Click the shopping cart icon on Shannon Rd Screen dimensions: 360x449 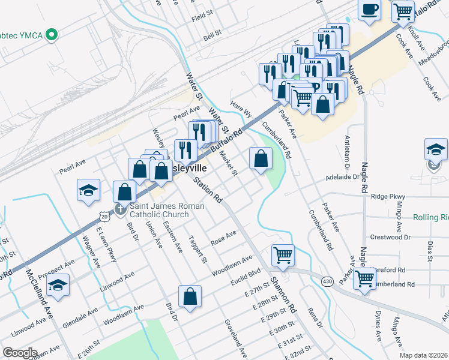coord(283,254)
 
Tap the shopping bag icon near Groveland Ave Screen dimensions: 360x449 coord(190,296)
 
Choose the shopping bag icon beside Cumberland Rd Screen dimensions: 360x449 coord(261,159)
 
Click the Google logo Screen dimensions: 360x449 coord(20,353)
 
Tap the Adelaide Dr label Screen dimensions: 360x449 coord(342,178)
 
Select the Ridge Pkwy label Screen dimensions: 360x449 coord(388,196)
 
